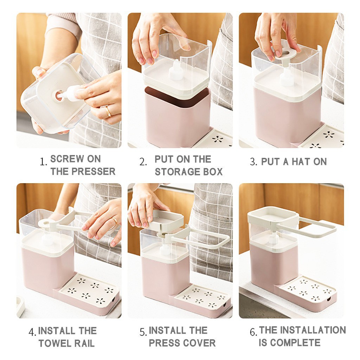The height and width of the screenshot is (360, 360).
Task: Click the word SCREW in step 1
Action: point(65,159)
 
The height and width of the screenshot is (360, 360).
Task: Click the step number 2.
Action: point(143,162)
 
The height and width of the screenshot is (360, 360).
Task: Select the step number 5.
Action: point(143,332)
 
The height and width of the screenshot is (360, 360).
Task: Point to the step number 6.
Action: point(253,332)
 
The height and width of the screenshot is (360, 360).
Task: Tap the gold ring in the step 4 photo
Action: point(114,221)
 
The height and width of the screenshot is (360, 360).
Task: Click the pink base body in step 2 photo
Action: point(178,117)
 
